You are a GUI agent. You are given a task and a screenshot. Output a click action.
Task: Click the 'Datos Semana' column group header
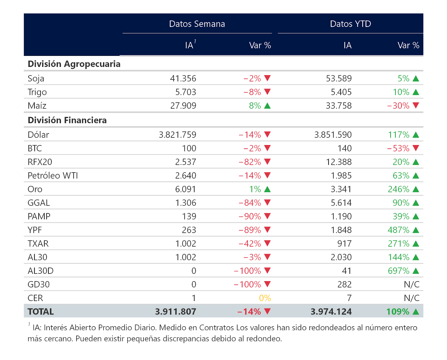pyautogui.click(x=197, y=24)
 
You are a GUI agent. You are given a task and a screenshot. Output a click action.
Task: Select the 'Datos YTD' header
pyautogui.click(x=350, y=24)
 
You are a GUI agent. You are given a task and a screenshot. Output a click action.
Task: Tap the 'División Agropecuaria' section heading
pyautogui.click(x=74, y=64)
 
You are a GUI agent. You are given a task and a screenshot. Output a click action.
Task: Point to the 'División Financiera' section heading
pyautogui.click(x=67, y=120)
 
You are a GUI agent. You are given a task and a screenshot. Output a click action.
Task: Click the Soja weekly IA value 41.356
pyautogui.click(x=183, y=79)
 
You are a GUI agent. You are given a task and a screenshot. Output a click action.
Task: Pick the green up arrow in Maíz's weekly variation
pyautogui.click(x=267, y=106)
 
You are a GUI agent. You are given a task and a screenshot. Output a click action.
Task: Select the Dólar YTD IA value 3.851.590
pyautogui.click(x=333, y=135)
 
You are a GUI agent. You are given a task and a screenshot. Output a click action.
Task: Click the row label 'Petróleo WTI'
pyautogui.click(x=53, y=176)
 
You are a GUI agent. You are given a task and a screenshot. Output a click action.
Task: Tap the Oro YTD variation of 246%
pyautogui.click(x=398, y=189)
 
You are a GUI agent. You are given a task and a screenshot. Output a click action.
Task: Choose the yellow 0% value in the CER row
pyautogui.click(x=265, y=298)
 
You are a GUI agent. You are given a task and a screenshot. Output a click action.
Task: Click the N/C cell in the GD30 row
pyautogui.click(x=412, y=284)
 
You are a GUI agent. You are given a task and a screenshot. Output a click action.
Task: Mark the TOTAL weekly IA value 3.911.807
pyautogui.click(x=175, y=312)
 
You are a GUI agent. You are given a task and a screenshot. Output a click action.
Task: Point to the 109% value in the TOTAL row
pyautogui.click(x=398, y=312)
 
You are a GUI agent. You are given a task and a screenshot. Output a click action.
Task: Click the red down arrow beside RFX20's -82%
pyautogui.click(x=267, y=162)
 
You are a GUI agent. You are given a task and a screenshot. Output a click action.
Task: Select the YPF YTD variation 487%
pyautogui.click(x=398, y=230)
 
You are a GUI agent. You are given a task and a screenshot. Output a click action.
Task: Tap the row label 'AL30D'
pyautogui.click(x=41, y=271)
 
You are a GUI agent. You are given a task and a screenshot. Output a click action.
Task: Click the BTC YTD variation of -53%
pyautogui.click(x=398, y=148)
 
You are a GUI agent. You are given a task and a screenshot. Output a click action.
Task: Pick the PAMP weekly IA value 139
pyautogui.click(x=189, y=216)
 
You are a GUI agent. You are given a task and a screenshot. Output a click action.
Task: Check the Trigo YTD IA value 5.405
pyautogui.click(x=341, y=92)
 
